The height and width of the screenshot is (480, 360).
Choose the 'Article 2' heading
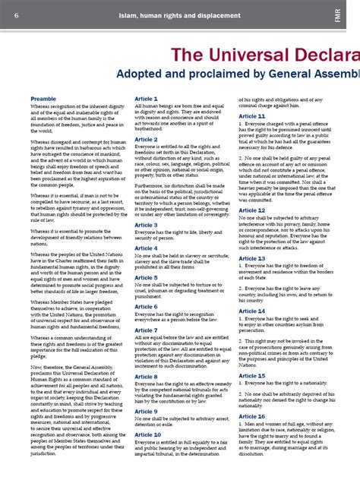click(x=146, y=140)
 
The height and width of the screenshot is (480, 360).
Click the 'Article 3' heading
click(x=146, y=225)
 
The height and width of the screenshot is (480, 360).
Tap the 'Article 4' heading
click(x=146, y=248)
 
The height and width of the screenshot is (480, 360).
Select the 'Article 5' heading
click(x=146, y=278)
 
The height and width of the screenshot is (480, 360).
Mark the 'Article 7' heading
click(x=146, y=330)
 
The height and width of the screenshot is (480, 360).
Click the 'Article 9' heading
click(x=146, y=411)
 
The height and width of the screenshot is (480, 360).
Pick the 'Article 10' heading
click(x=147, y=434)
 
